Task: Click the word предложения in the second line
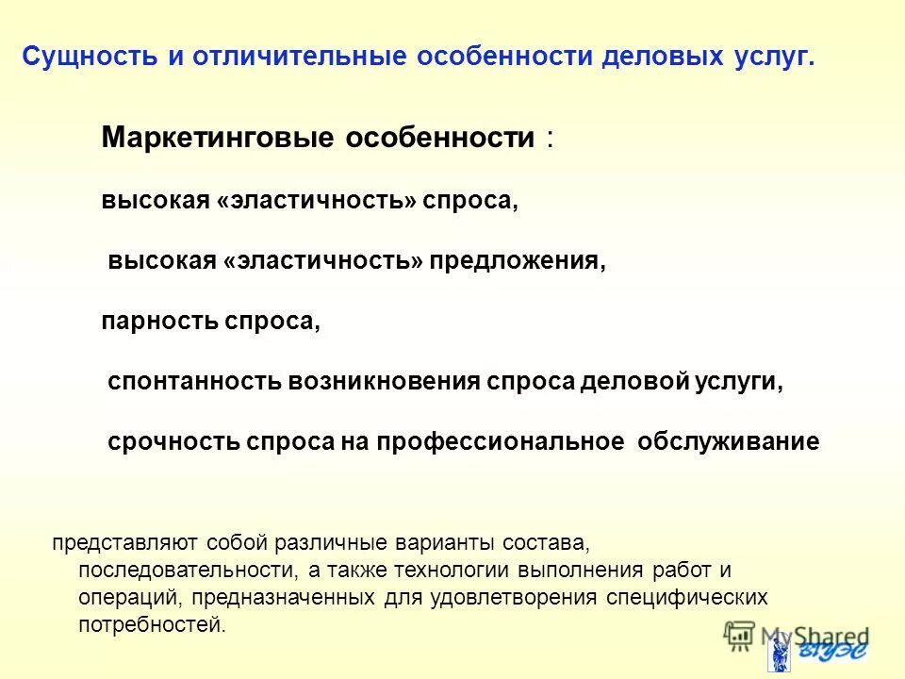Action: click(x=518, y=261)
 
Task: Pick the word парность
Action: click(x=159, y=322)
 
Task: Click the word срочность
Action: click(x=173, y=442)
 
